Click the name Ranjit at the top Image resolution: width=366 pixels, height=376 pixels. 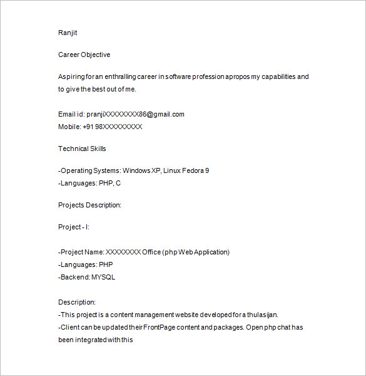68,33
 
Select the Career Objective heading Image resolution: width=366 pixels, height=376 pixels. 84,55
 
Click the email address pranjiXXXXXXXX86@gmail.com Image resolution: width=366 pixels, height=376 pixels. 140,114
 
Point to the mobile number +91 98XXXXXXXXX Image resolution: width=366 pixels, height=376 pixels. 113,127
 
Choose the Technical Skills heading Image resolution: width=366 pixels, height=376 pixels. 82,149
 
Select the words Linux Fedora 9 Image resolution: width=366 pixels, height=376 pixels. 186,170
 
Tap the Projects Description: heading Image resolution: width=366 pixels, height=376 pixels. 89,205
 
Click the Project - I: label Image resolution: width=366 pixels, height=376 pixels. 74,227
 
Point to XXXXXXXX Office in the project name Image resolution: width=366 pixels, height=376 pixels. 133,252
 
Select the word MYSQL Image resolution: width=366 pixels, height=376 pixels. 103,277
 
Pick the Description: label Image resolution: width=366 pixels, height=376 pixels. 76,302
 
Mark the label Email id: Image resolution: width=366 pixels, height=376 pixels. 71,114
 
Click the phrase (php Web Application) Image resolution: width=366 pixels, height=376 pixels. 196,252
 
